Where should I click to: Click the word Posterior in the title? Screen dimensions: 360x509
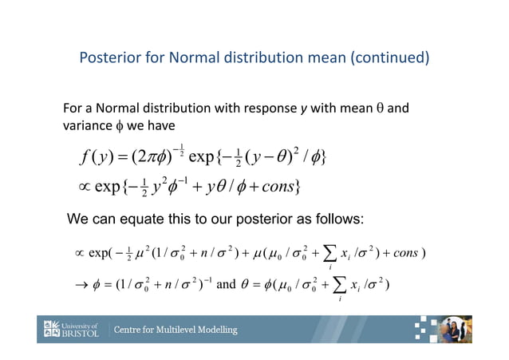pos(109,58)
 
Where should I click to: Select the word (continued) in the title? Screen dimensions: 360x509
pos(390,58)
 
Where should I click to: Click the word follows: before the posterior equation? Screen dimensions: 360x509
pos(337,219)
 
